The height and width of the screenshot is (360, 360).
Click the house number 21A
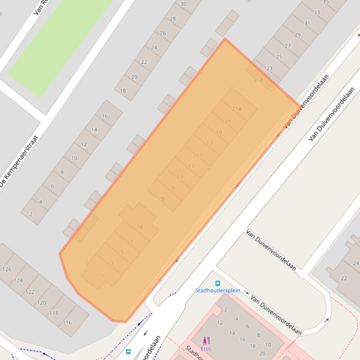(x=237, y=109)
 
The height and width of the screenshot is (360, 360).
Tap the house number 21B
(x=258, y=80)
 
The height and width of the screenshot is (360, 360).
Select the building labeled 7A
(x=140, y=227)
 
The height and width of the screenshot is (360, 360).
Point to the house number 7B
(x=161, y=199)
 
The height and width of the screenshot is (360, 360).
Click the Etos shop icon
(x=206, y=340)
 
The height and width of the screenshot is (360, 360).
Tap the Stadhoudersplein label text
(x=218, y=290)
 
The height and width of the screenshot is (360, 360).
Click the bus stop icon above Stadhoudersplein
(x=218, y=283)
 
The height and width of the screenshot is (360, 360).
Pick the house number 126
(x=7, y=269)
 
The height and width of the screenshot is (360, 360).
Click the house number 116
(x=67, y=323)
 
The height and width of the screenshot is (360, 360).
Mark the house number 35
(x=325, y=2)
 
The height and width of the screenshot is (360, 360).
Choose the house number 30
(x=183, y=4)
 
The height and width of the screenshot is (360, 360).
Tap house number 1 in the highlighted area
(x=103, y=276)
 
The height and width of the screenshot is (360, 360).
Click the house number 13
(x=191, y=166)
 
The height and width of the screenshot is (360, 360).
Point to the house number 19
(x=219, y=132)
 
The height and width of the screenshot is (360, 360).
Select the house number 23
(x=269, y=68)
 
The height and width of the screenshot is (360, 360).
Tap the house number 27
(x=287, y=46)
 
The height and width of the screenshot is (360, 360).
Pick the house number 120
(x=42, y=302)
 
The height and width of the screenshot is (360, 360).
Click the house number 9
(x=173, y=188)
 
